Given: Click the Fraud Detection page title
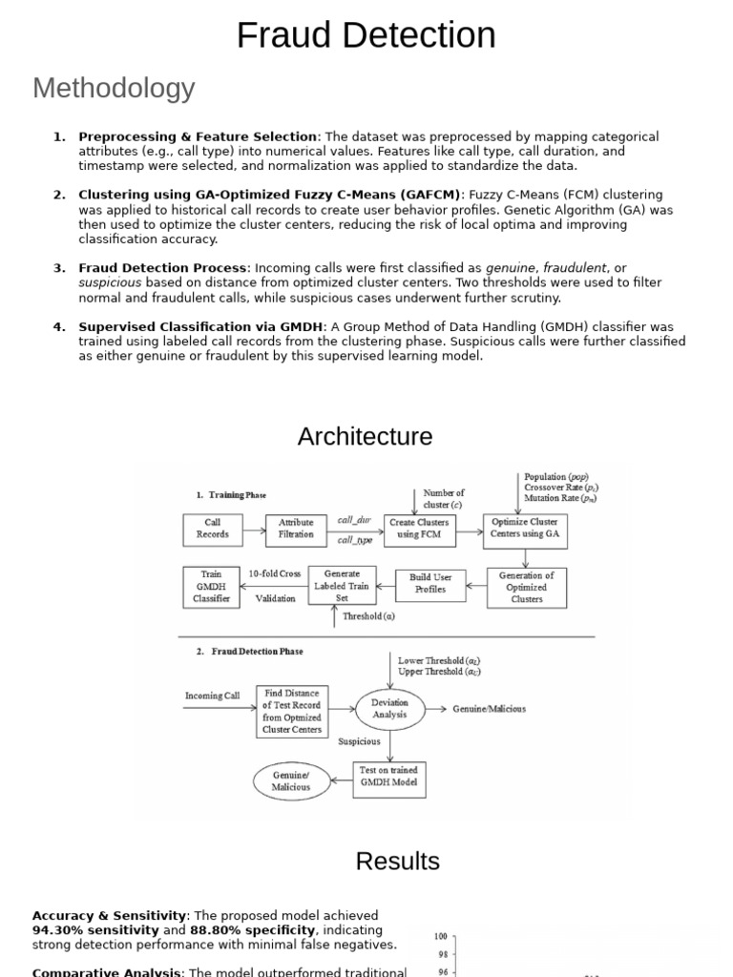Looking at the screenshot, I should [366, 36].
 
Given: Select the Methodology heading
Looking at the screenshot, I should [114, 88].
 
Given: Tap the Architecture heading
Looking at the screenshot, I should [365, 436].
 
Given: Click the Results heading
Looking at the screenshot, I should [397, 861].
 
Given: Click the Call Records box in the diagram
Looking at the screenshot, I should [212, 529].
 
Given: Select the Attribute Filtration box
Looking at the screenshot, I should [296, 529].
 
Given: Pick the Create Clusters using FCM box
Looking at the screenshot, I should [419, 529].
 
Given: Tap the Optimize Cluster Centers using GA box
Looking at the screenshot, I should [525, 528].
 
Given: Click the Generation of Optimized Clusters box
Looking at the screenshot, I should [527, 587].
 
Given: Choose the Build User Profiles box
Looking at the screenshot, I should [429, 584].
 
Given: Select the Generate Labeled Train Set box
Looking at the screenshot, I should [342, 586].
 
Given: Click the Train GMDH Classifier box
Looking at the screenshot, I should [211, 587].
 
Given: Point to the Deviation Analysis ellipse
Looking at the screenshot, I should [388, 708].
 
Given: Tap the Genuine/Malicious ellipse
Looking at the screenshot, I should [290, 781].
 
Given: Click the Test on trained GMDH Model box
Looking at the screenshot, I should [388, 780].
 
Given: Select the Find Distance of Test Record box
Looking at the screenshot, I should [292, 711].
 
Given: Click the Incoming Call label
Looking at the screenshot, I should [212, 696].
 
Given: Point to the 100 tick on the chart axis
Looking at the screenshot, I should [441, 937].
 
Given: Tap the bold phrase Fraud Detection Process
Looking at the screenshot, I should [162, 268].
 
